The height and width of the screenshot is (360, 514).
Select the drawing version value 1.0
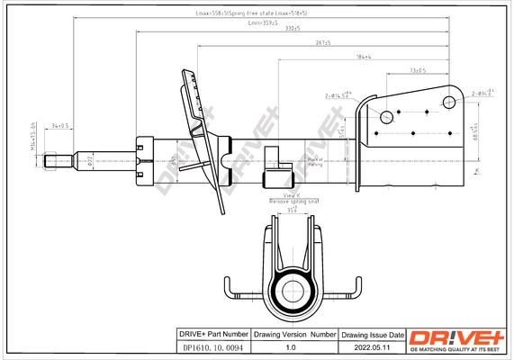pyautogui.click(x=290, y=346)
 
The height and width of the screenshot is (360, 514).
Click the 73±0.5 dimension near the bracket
pyautogui.click(x=417, y=69)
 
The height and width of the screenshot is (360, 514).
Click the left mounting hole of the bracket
pyautogui.click(x=387, y=116)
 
